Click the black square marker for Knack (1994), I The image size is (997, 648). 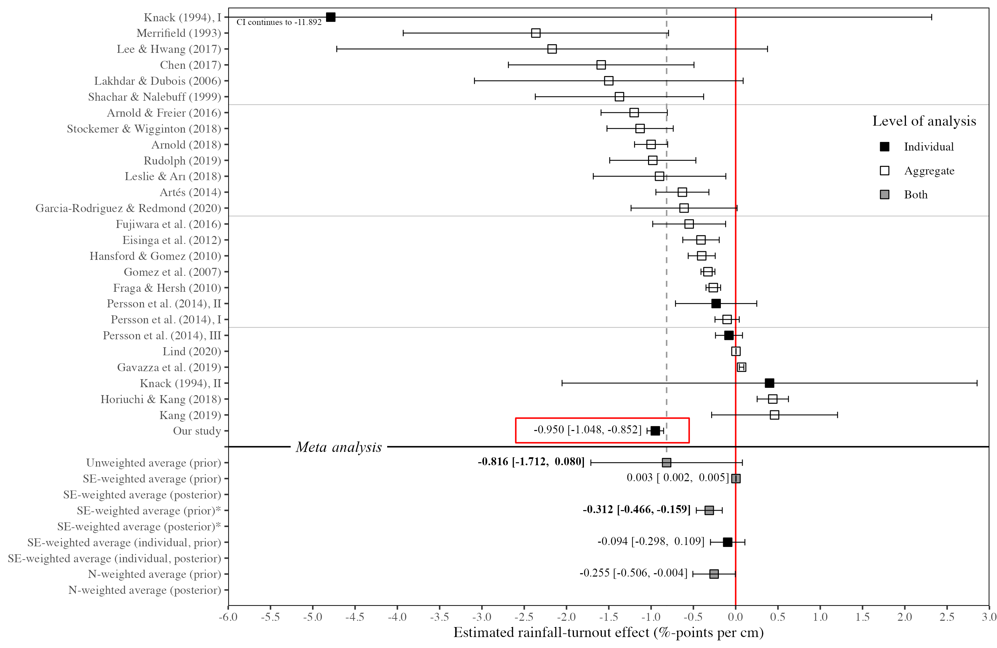[331, 17]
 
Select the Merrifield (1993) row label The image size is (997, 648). [178, 33]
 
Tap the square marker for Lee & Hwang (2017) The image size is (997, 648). [552, 49]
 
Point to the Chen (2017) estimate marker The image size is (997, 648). [601, 65]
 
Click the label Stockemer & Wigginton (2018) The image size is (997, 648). [144, 129]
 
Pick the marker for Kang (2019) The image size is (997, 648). [775, 415]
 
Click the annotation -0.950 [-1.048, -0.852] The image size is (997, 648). [587, 430]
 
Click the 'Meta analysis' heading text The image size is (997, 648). [338, 447]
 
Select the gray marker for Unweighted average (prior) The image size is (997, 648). [666, 463]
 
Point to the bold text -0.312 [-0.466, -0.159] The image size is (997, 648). [636, 510]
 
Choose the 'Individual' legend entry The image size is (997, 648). [928, 147]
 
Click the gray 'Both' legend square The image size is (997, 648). [885, 195]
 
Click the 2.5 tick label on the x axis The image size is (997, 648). [947, 617]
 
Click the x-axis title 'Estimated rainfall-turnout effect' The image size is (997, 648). [608, 632]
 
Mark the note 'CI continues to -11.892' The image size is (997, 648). [279, 22]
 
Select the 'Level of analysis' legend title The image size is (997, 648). [924, 121]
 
